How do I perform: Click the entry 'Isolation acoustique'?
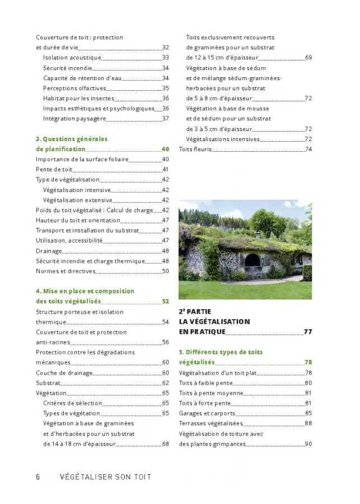72,58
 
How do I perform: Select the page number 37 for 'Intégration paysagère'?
165,119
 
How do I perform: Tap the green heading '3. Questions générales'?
71,139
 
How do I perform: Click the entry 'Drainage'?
49,251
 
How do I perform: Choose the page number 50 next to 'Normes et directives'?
165,271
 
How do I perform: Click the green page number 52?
165,301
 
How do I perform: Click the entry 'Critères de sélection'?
72,403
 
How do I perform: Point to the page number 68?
165,444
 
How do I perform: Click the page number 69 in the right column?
308,58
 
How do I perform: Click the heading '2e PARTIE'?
195,311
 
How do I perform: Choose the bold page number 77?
308,332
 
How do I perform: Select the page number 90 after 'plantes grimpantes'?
308,444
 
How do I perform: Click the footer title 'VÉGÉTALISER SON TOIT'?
105,477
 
